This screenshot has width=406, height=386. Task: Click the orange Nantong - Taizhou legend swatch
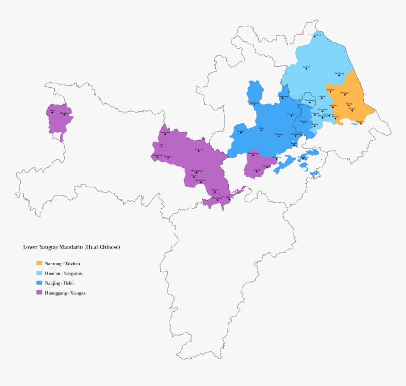click(x=39, y=263)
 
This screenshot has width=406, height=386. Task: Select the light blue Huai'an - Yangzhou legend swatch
click(x=39, y=273)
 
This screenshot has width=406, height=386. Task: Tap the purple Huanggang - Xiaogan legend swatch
click(x=39, y=293)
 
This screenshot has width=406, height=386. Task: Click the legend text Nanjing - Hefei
click(x=59, y=283)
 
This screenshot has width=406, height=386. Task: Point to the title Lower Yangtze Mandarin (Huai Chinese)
click(x=71, y=247)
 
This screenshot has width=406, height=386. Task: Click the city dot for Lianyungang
click(x=315, y=37)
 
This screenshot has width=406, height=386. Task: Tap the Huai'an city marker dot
click(x=306, y=69)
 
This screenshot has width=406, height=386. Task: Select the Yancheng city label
click(x=339, y=73)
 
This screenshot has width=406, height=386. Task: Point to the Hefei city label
click(x=262, y=128)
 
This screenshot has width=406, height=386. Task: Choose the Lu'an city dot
click(x=241, y=132)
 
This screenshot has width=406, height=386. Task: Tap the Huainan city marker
click(x=254, y=104)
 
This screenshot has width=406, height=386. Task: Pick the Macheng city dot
click(x=199, y=151)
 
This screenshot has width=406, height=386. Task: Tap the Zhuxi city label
click(x=52, y=110)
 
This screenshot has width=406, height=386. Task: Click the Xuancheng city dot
click(x=304, y=158)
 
